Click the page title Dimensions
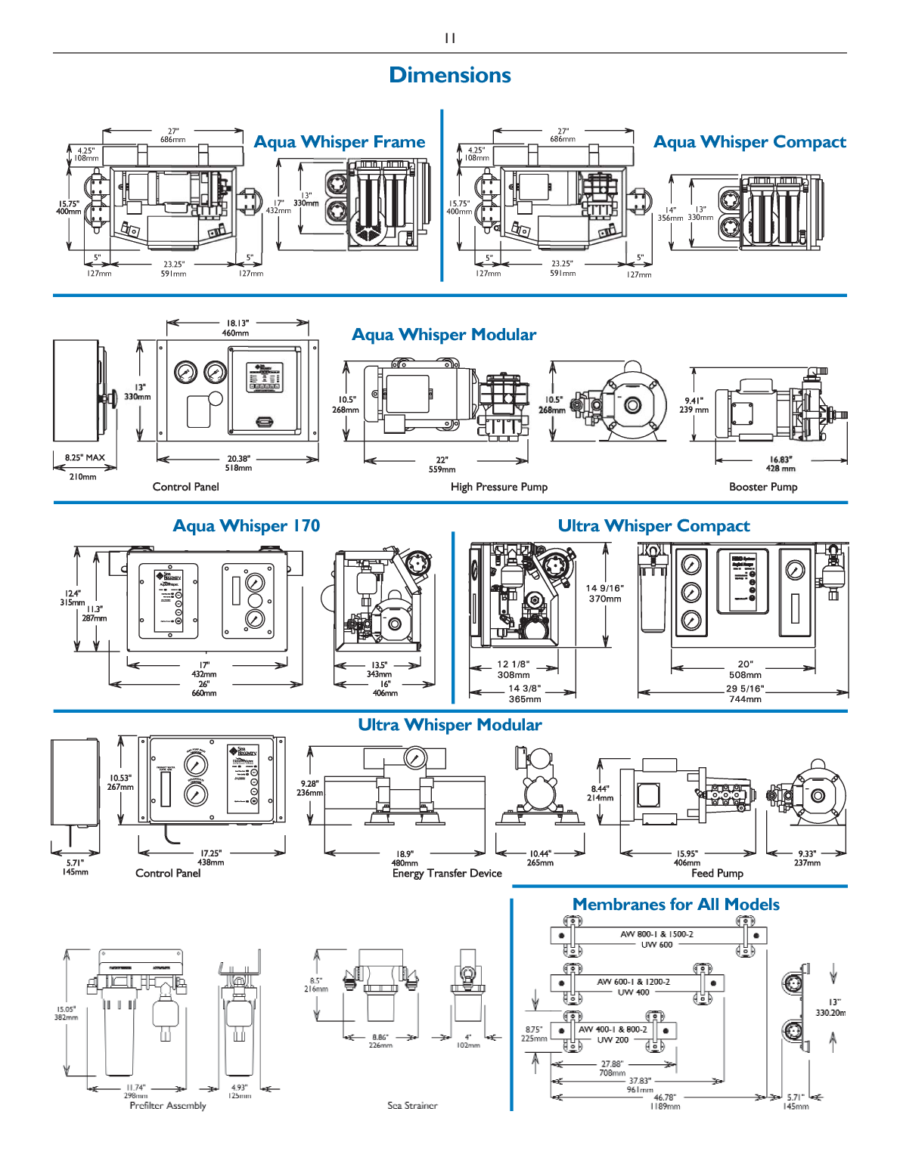point(449,75)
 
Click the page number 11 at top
point(450,38)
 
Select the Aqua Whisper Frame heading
point(340,142)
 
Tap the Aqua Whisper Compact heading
point(749,142)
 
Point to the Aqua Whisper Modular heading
point(444,335)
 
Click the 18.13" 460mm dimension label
point(237,328)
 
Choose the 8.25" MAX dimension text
point(84,457)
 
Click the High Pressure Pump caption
point(498,487)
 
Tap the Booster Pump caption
point(762,487)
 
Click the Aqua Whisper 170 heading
point(246,526)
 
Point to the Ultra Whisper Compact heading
point(653,526)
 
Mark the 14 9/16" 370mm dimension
point(605,593)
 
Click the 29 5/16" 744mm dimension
point(745,694)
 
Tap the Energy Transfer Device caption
point(447,873)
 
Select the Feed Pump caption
point(717,873)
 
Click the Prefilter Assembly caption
point(167,1105)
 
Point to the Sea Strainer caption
point(412,1105)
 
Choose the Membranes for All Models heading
point(675,905)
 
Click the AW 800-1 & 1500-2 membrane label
point(656,934)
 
